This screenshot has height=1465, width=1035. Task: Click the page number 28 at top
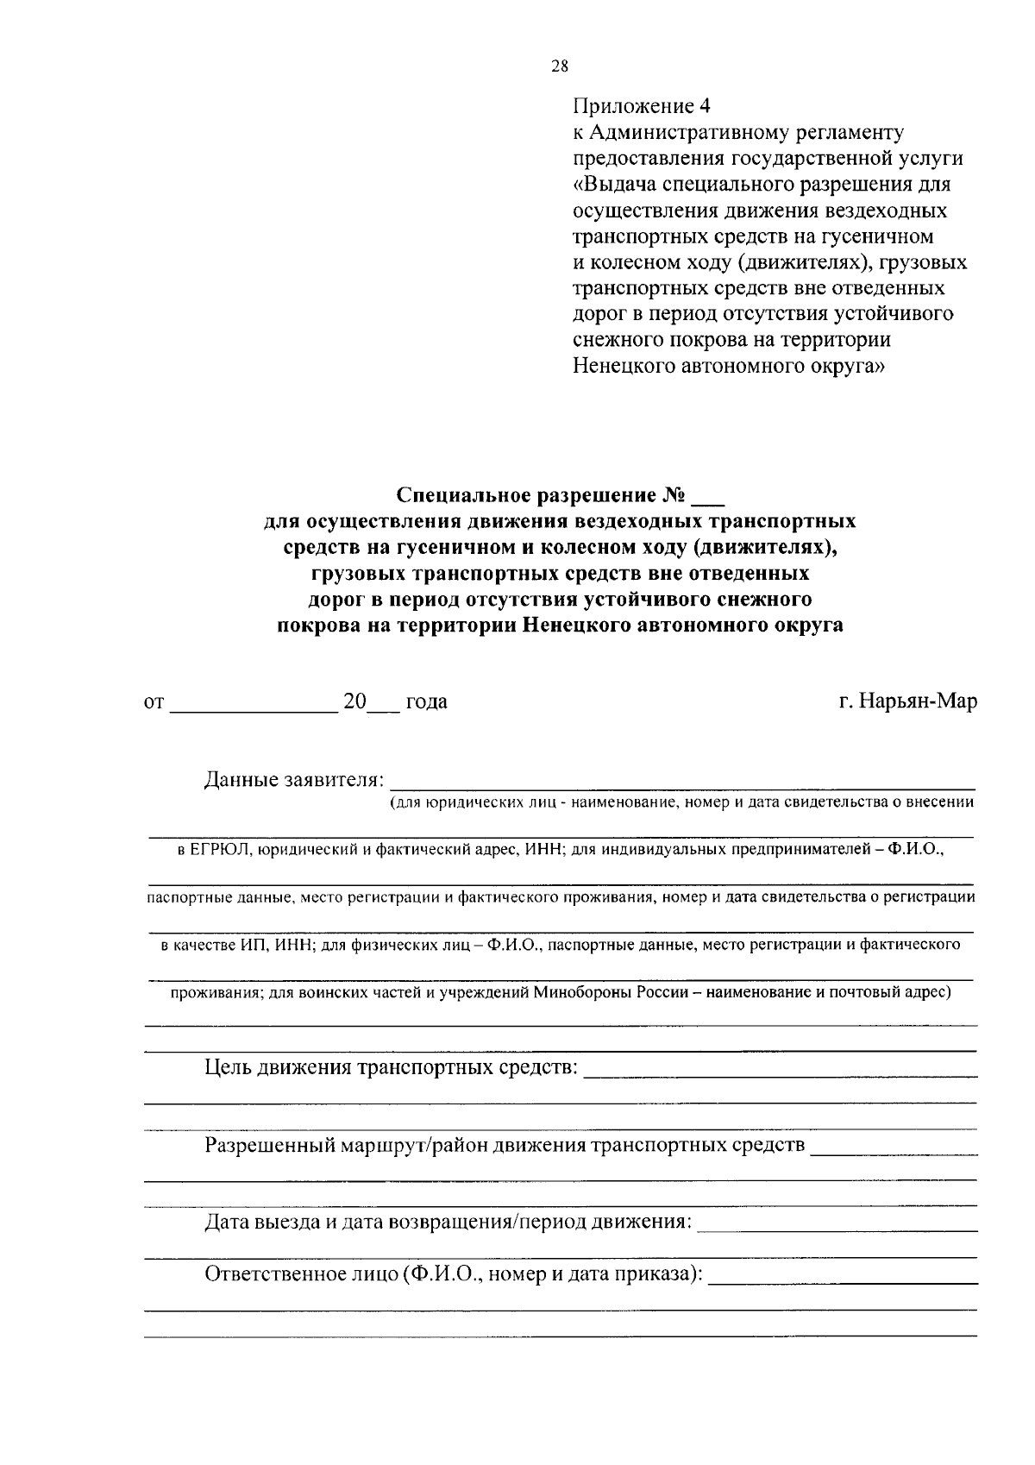(x=559, y=66)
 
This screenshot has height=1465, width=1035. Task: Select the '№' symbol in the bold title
(x=673, y=495)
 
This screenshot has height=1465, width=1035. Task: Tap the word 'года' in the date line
(x=426, y=702)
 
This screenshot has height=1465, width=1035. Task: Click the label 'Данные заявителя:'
(x=294, y=780)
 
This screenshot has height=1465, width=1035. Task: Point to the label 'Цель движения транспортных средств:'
(x=391, y=1068)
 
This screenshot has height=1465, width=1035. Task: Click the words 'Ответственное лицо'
(x=300, y=1275)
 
